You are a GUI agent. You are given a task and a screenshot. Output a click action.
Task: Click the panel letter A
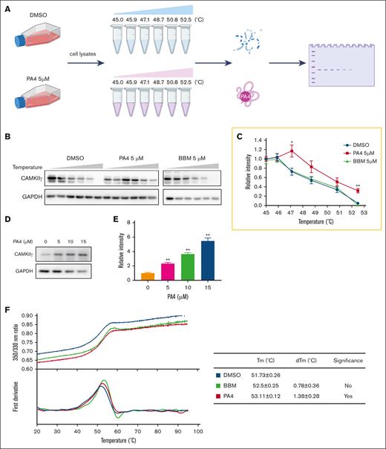point(7,8)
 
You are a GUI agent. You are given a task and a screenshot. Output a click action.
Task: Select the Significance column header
point(351,363)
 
